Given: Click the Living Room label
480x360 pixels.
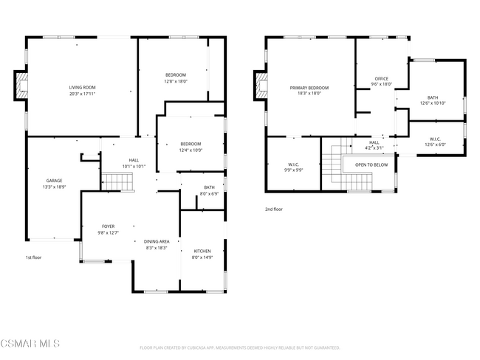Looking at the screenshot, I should (x=82, y=87).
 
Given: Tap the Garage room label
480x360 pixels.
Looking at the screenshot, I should (x=54, y=181).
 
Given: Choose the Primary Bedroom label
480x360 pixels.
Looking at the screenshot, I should (x=309, y=88).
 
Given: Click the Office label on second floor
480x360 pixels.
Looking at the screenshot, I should (x=381, y=78).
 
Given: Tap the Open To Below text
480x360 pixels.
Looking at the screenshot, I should (x=371, y=165).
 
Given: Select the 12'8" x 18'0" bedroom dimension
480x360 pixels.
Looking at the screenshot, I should (x=175, y=81).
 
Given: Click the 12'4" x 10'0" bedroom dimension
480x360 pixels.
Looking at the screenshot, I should (x=191, y=150).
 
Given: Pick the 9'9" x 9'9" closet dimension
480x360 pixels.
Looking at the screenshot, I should (x=293, y=170).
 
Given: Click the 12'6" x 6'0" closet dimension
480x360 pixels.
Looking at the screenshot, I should (x=436, y=145).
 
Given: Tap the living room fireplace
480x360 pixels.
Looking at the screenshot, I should (x=21, y=86).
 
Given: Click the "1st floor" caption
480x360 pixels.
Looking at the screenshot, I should (x=34, y=257).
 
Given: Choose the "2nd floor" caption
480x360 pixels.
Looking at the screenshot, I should (x=273, y=209).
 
